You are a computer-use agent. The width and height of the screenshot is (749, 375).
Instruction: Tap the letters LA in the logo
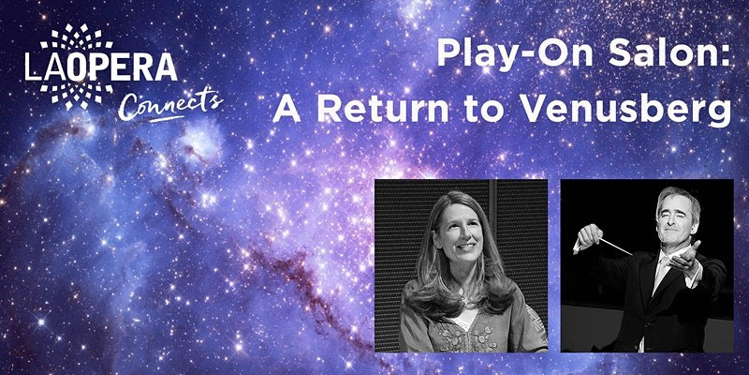45,67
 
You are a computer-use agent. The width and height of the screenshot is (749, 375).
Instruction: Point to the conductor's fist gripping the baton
590,235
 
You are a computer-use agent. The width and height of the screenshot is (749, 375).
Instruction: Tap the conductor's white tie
663,268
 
